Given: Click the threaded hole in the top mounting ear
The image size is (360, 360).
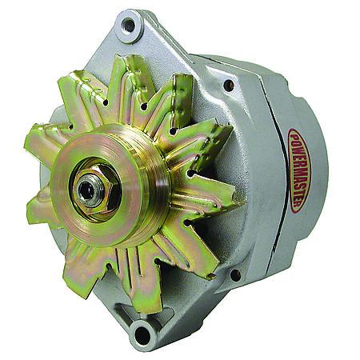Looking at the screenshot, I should point(129,26).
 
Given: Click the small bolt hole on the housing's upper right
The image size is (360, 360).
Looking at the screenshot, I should point(230,85).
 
